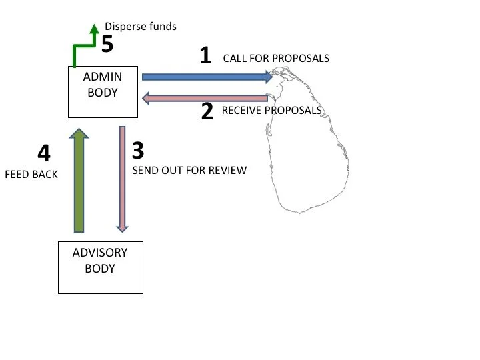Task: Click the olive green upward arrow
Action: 78,180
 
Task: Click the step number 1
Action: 205,56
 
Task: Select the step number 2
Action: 207,111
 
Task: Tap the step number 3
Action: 139,150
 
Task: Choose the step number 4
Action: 43,154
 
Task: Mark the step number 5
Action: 107,44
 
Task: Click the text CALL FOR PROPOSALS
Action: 276,58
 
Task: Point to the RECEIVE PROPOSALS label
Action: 271,110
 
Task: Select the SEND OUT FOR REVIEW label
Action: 189,170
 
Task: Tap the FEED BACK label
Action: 31,175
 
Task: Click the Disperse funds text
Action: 141,27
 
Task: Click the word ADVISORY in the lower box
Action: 99,253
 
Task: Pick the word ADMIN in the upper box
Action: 102,77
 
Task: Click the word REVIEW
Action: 227,170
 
